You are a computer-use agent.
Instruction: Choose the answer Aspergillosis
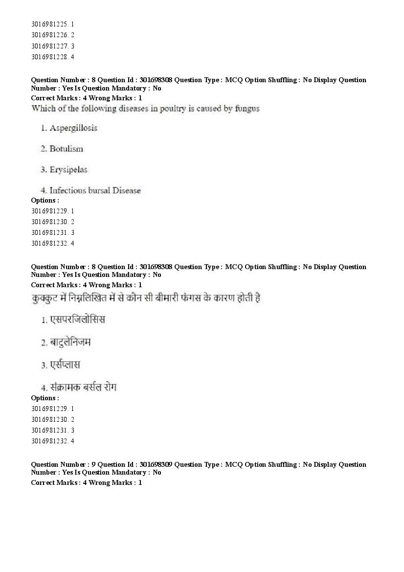[x=73, y=128]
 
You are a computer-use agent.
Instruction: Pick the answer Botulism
[x=66, y=149]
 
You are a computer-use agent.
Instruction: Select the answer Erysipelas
[x=68, y=170]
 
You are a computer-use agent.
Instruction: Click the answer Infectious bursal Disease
[x=95, y=190]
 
